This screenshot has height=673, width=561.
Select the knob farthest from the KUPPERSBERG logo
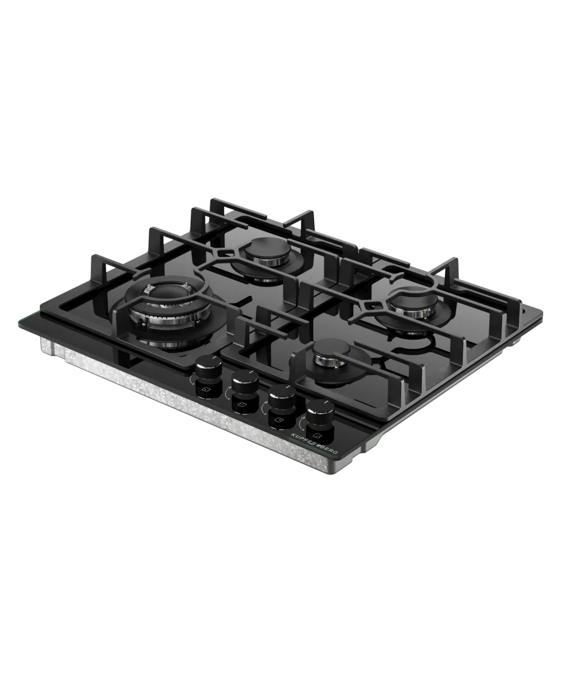tap(208, 365)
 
